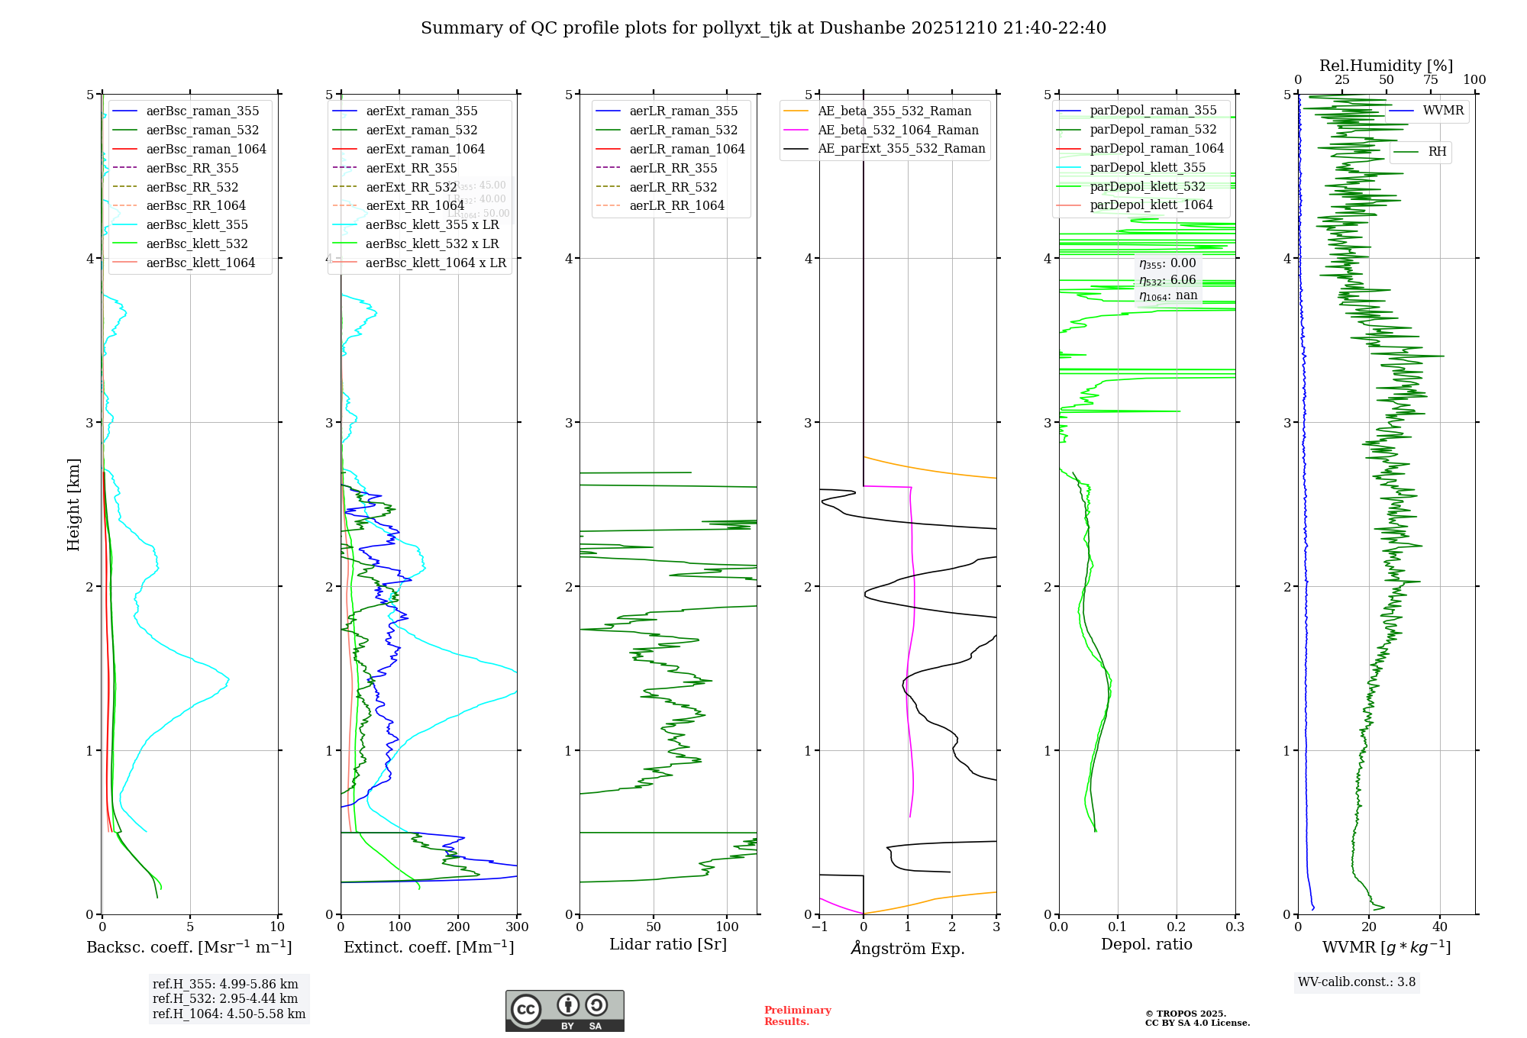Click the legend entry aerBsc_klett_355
tap(197, 225)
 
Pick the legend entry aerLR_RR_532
tap(673, 188)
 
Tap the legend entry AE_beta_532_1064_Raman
tap(898, 131)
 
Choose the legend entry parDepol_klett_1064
tap(1151, 205)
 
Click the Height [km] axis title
tap(73, 504)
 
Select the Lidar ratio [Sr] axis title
tap(668, 945)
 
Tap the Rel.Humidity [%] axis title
tap(1386, 66)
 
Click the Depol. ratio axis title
tap(1146, 945)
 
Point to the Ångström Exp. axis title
tap(908, 949)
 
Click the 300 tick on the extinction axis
tap(518, 927)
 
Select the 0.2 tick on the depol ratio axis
tap(1177, 927)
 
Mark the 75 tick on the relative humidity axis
tap(1430, 80)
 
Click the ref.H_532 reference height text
tap(225, 999)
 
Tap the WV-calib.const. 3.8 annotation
tap(1357, 982)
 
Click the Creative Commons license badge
tap(564, 1011)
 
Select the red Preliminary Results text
tap(797, 1016)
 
